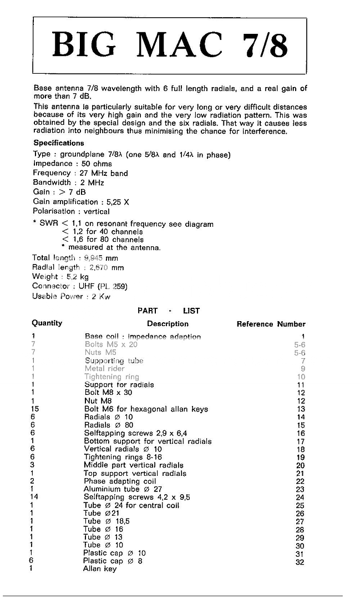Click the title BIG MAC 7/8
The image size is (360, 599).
tap(170, 45)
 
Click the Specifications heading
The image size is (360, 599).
tap(59, 143)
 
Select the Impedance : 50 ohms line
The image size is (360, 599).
tap(73, 164)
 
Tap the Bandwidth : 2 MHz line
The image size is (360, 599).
tap(68, 182)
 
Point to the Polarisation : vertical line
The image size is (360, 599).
tap(72, 211)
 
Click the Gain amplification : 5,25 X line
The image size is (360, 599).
tap(81, 202)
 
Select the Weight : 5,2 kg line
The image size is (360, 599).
tap(60, 277)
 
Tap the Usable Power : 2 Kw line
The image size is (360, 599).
tap(72, 296)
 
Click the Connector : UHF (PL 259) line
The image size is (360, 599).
tap(80, 286)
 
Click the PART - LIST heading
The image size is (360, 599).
tap(169, 311)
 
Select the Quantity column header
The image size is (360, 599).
tap(47, 323)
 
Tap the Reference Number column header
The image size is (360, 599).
tap(271, 324)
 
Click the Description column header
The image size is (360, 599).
tap(168, 324)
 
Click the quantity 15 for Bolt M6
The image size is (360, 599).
tap(35, 409)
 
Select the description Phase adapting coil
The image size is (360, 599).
tap(120, 481)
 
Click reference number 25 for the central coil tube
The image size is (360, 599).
tap(301, 506)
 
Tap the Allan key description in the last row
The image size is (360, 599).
tap(100, 568)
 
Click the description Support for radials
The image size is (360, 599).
tap(119, 384)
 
